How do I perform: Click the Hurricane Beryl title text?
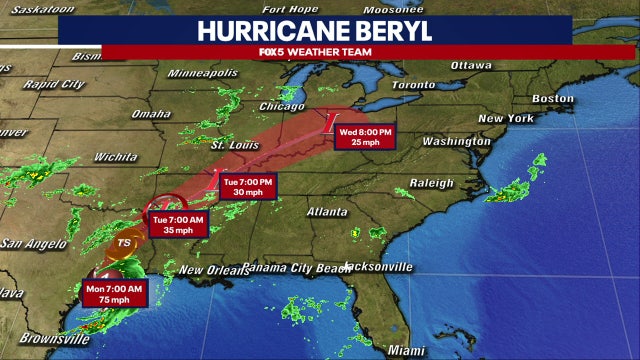(x=319, y=30)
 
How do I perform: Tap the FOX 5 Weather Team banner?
(x=319, y=52)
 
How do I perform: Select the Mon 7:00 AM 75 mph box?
(x=114, y=294)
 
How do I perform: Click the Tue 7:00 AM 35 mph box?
(x=179, y=224)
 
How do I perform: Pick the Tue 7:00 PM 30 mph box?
(x=246, y=187)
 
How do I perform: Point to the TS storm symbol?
(x=124, y=242)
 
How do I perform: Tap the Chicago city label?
(x=281, y=106)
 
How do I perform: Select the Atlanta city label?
(x=327, y=212)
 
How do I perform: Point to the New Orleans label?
(x=211, y=271)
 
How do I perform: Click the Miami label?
(x=406, y=351)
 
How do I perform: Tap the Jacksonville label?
(x=378, y=267)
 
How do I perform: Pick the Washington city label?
(x=456, y=141)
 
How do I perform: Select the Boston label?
(x=552, y=99)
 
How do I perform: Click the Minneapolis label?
(x=202, y=73)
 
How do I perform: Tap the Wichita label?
(x=115, y=157)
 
